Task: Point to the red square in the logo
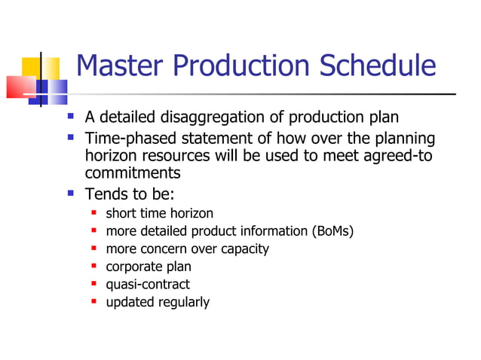[x=18, y=87]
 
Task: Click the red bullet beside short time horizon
[x=94, y=213]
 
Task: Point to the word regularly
[x=183, y=302]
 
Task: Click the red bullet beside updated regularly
[x=94, y=302]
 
